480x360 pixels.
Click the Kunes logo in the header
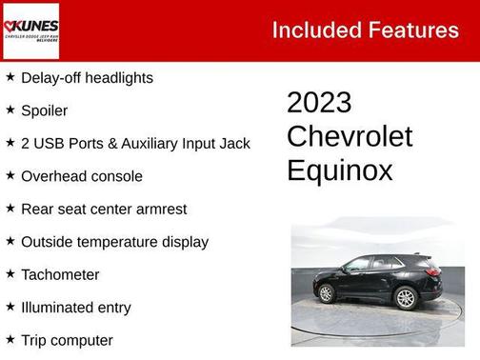pos(31,30)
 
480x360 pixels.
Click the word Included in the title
pos(312,30)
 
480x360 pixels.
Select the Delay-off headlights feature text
pos(87,78)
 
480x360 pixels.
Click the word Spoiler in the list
pos(44,110)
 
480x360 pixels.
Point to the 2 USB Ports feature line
pos(135,144)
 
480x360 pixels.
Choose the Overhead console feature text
pos(82,176)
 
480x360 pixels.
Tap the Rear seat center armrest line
pos(104,210)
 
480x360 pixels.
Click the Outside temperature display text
pos(114,242)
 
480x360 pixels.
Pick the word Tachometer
pos(60,275)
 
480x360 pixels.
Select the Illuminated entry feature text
pos(76,308)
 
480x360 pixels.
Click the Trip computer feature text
pos(67,340)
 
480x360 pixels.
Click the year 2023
pos(319,103)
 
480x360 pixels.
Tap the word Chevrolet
pos(350,136)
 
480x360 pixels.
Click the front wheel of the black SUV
pos(327,293)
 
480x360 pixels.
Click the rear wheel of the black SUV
pos(405,297)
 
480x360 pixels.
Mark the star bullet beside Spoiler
pos(10,110)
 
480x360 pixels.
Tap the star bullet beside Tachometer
pos(10,274)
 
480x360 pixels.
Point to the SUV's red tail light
pos(432,270)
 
